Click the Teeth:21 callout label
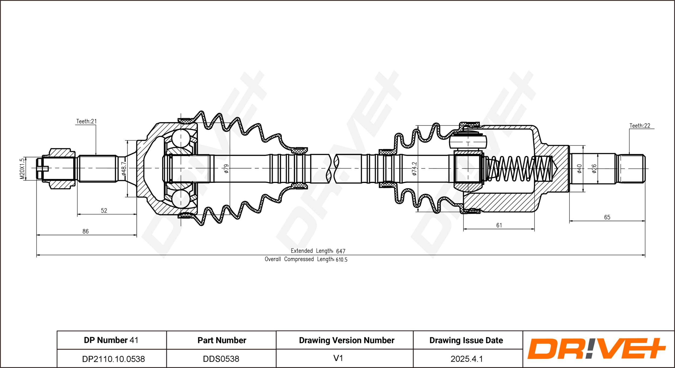[86, 121]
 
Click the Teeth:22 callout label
[640, 126]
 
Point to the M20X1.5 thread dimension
[22, 169]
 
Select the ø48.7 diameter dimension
[124, 169]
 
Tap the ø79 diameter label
[226, 169]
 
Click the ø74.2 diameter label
[414, 169]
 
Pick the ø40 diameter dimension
[579, 169]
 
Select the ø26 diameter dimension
[594, 169]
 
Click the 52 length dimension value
[104, 211]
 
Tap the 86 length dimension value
[85, 231]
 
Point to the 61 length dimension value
[499, 225]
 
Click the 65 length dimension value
[607, 217]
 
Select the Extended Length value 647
[341, 251]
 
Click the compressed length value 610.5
[342, 260]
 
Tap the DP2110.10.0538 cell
[113, 359]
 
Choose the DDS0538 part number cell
[221, 359]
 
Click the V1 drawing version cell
[338, 358]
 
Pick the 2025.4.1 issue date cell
[467, 359]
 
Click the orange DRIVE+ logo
[596, 349]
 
